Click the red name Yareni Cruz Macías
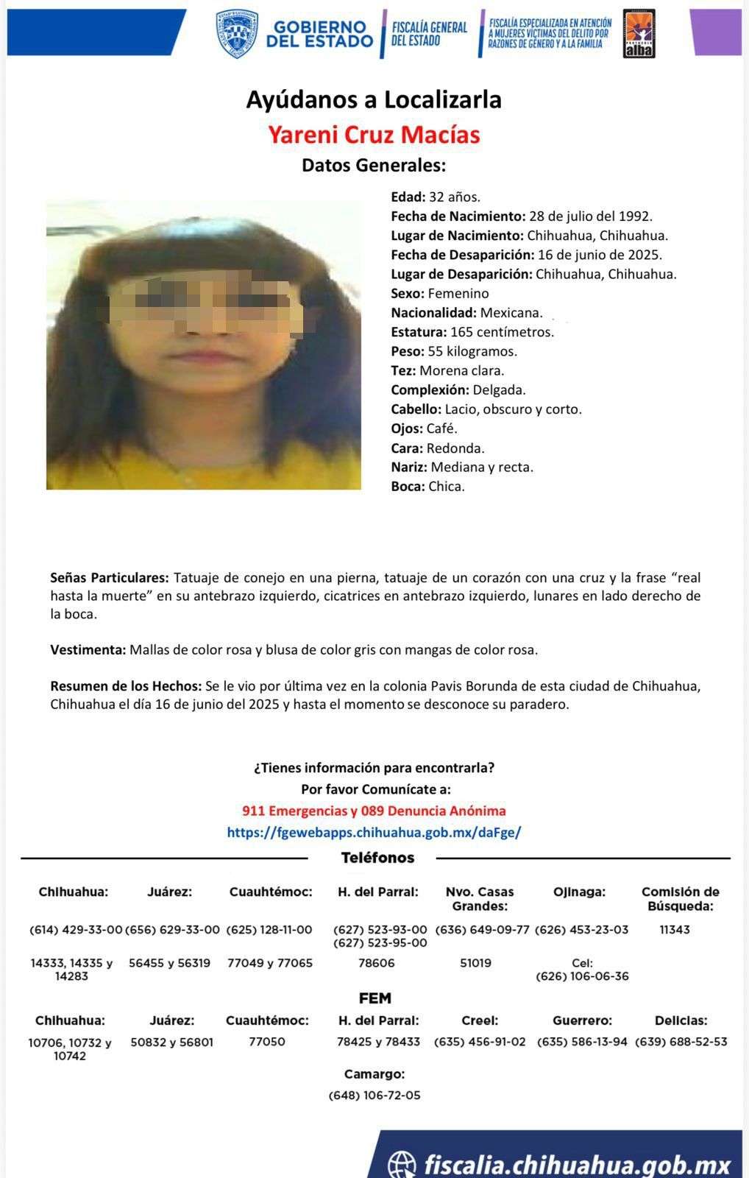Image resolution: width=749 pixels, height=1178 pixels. point(374,135)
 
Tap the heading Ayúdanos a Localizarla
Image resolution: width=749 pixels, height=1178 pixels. point(374,99)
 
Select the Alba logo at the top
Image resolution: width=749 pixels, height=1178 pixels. point(639,34)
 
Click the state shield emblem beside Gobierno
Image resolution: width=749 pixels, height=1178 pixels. point(237,34)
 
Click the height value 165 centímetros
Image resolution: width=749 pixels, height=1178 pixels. point(502,332)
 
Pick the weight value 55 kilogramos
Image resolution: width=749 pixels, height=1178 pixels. point(472,351)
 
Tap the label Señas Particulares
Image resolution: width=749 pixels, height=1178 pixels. point(110,578)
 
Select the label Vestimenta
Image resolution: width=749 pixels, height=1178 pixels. point(88,650)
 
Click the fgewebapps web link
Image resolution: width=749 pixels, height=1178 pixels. point(374,833)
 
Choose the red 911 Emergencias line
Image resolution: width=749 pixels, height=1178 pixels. point(374,811)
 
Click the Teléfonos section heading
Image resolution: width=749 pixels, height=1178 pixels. point(377,858)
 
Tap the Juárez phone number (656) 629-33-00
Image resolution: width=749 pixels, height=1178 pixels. point(172,930)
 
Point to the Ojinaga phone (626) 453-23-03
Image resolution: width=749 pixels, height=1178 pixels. point(581,930)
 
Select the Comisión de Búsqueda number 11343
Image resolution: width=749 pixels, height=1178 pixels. point(675,930)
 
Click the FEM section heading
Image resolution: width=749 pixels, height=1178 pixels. point(374,998)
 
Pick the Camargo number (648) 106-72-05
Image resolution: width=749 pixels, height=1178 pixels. point(374,1096)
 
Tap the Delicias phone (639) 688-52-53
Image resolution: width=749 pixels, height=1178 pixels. point(681,1042)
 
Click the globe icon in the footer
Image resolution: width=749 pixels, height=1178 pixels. point(402,1163)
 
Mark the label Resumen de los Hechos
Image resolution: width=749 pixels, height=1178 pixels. point(126,686)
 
